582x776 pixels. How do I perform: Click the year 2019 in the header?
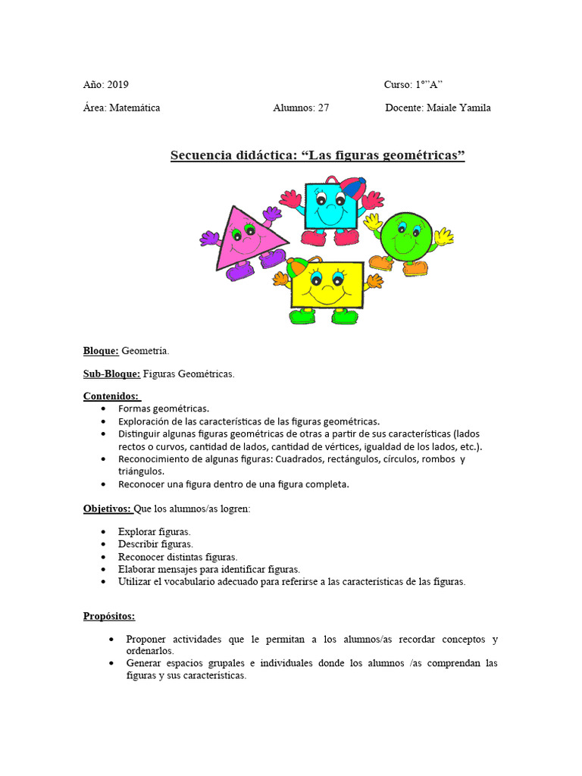click(118, 85)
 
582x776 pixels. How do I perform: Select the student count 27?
click(323, 108)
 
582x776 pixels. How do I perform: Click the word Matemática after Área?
click(135, 108)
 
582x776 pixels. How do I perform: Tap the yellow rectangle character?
click(327, 284)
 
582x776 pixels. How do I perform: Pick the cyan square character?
click(327, 205)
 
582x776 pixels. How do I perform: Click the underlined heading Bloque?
click(101, 351)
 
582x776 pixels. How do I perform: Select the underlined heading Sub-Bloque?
click(111, 374)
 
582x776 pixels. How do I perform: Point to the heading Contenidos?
click(111, 396)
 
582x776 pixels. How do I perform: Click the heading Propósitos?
click(108, 616)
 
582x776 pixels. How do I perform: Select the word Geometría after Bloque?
click(145, 351)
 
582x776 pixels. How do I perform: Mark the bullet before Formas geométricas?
click(103, 408)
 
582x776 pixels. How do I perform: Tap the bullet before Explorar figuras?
click(103, 532)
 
